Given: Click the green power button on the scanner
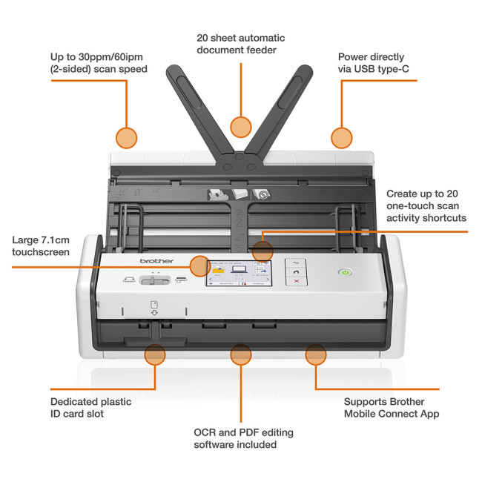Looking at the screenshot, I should pyautogui.click(x=344, y=273).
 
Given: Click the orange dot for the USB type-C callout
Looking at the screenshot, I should pyautogui.click(x=341, y=137).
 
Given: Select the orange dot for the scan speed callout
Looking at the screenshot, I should pyautogui.click(x=127, y=137).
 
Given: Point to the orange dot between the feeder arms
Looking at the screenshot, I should pyautogui.click(x=240, y=126).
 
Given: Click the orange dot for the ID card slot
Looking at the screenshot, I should pyautogui.click(x=154, y=354).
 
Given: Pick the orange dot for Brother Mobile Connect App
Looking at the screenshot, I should pyautogui.click(x=316, y=354).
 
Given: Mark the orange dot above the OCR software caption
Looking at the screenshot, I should pyautogui.click(x=240, y=354).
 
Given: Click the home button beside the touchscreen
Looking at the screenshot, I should pyautogui.click(x=296, y=272).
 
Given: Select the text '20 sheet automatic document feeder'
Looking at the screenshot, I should pyautogui.click(x=240, y=44).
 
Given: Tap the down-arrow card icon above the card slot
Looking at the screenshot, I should pyautogui.click(x=154, y=308).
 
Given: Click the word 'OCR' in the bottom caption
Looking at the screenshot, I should pyautogui.click(x=205, y=432).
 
